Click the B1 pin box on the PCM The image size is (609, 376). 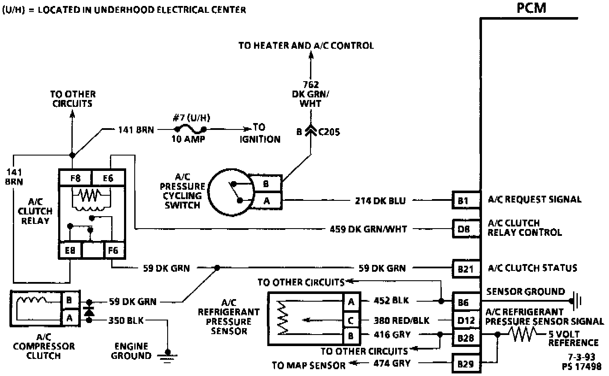click(x=464, y=200)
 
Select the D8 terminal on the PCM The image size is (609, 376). click(x=464, y=229)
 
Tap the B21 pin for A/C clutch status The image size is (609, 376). click(x=465, y=269)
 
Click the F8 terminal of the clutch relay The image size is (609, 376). click(x=75, y=178)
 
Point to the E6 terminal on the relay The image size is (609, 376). click(x=108, y=178)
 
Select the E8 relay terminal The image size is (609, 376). click(x=70, y=250)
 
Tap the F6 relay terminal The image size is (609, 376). click(x=113, y=250)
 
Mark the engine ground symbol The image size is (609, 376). click(x=168, y=354)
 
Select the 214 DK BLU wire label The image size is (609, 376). click(x=380, y=200)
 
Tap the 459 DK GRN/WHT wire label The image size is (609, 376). click(x=369, y=229)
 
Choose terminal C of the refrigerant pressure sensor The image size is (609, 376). click(x=351, y=320)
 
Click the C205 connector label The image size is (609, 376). click(x=329, y=132)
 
